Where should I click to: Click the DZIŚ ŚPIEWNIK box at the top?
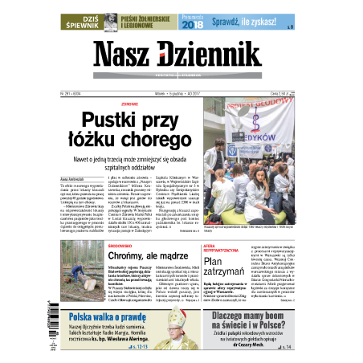(x=84, y=21)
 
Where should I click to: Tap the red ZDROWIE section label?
(x=131, y=104)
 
